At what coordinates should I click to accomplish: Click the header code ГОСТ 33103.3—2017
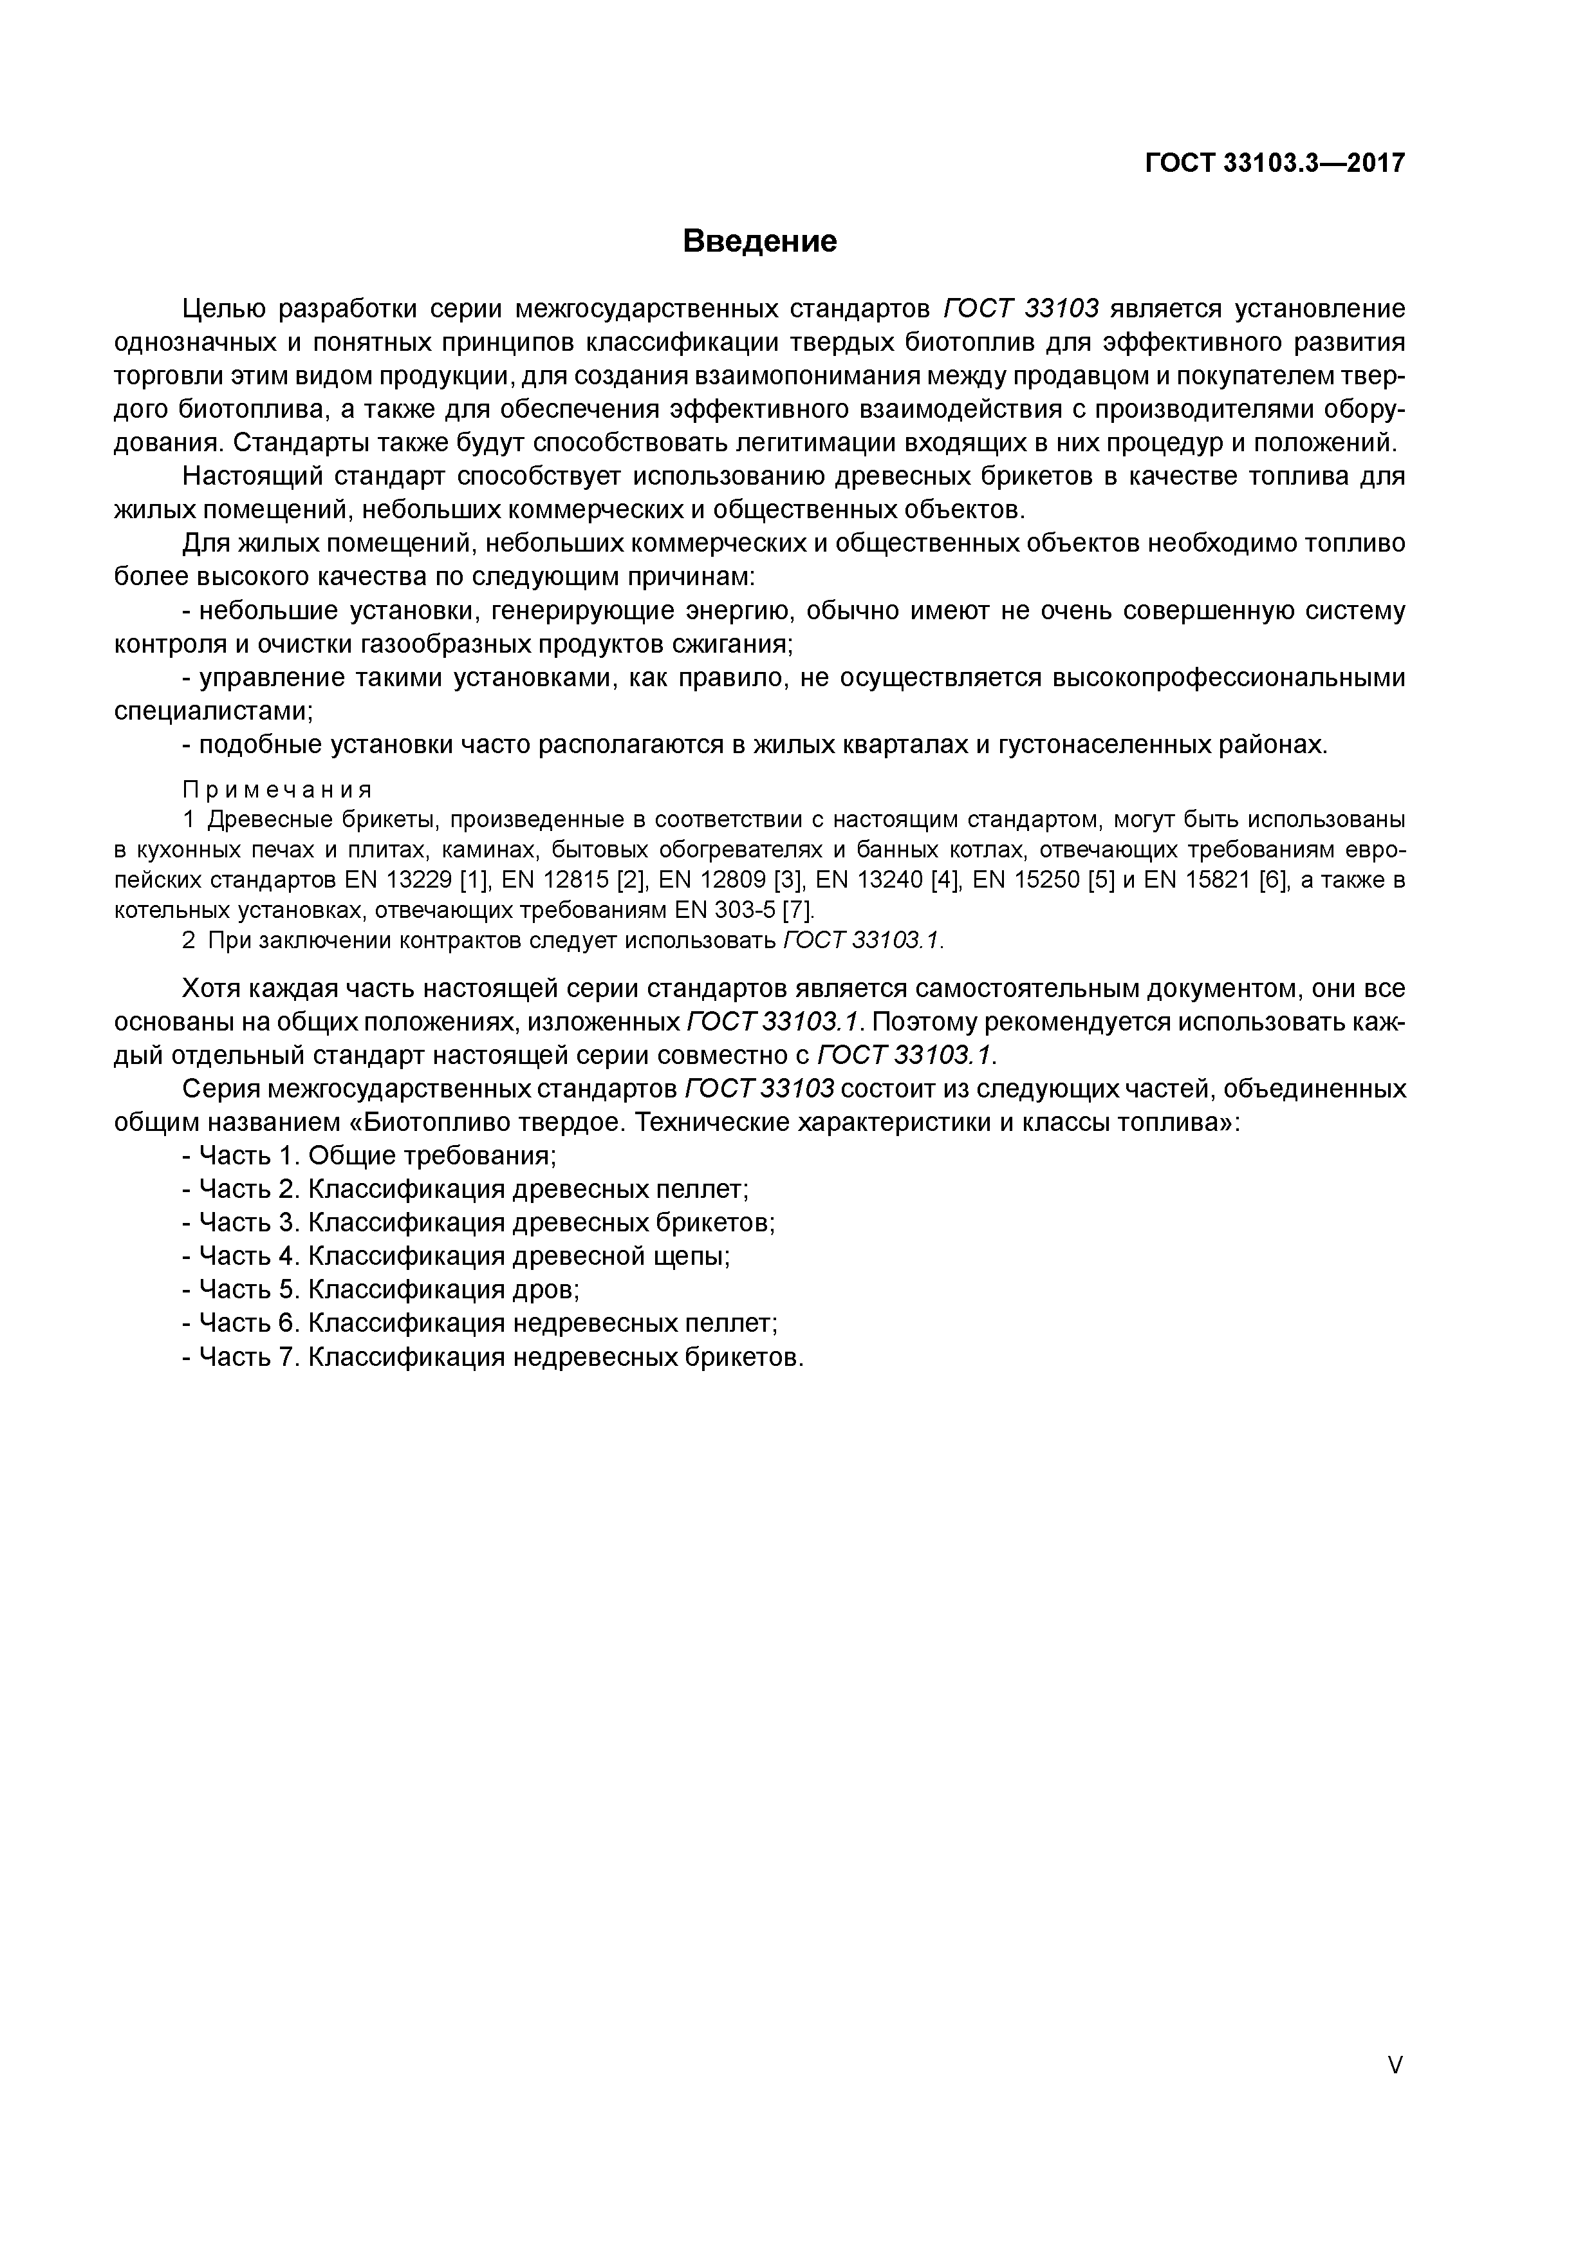pos(1274,163)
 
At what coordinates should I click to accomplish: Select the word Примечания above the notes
pos(277,790)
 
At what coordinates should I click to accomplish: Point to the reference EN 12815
pos(555,880)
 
